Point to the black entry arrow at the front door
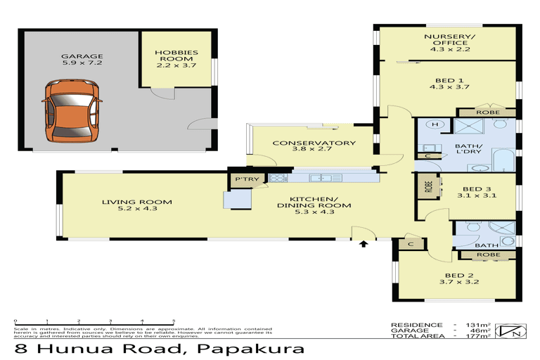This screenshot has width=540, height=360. tap(364, 245)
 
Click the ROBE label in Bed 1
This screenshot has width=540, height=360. tap(487, 112)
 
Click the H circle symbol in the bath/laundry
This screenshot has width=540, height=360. tap(435, 124)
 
